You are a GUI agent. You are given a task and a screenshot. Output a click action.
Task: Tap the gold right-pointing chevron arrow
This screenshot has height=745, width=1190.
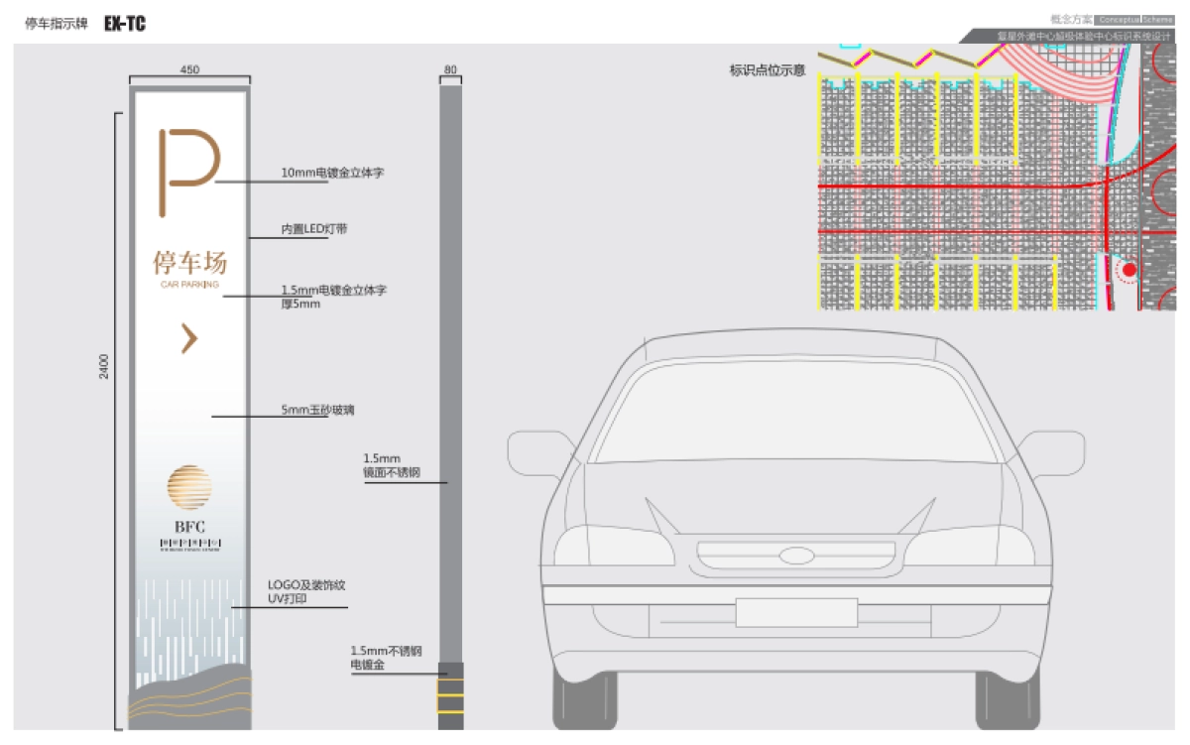[188, 338]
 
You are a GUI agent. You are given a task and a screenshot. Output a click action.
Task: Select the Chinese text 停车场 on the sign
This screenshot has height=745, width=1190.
[189, 262]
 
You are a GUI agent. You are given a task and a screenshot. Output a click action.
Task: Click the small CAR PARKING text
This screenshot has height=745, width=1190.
[189, 284]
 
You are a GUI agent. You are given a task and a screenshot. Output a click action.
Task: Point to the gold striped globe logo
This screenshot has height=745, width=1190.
[189, 486]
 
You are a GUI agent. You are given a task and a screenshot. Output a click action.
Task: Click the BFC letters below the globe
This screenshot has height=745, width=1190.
[189, 526]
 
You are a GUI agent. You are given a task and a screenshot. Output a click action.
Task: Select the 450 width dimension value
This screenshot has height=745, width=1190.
[189, 70]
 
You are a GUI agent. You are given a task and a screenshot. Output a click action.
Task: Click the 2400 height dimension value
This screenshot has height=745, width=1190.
[104, 366]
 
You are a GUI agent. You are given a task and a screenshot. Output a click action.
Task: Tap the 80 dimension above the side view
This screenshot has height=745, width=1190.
[451, 70]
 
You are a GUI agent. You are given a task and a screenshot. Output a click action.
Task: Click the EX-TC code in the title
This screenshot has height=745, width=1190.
[125, 24]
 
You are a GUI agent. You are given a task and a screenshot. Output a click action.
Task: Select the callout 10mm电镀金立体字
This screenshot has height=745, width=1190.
[332, 173]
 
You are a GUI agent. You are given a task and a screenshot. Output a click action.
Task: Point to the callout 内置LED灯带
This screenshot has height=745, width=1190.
[313, 229]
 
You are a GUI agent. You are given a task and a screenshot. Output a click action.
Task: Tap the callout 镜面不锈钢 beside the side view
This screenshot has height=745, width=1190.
[391, 473]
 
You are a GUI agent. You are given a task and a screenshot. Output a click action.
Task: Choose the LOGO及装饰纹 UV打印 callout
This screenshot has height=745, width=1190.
[306, 592]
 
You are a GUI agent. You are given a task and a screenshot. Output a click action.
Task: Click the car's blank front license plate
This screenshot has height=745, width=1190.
[795, 612]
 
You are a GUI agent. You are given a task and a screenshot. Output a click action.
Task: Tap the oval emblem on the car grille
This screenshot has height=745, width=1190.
[795, 557]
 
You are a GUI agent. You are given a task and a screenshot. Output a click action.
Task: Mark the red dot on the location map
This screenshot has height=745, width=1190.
[1129, 269]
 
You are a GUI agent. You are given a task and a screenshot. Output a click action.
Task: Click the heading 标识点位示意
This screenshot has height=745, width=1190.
[767, 70]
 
